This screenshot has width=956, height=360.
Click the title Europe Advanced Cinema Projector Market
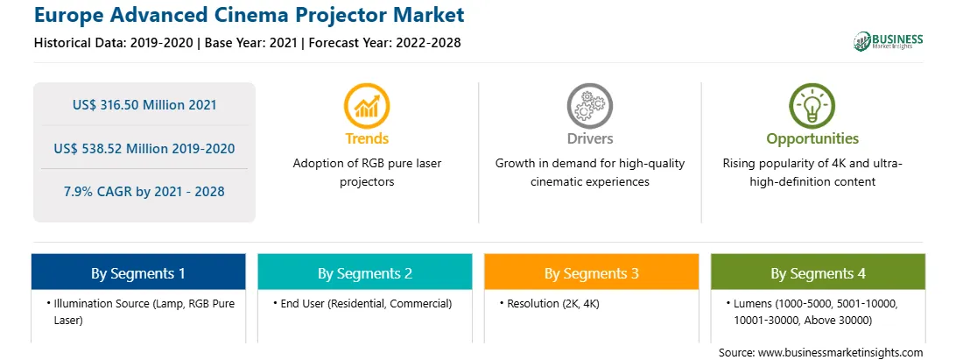pyautogui.click(x=249, y=15)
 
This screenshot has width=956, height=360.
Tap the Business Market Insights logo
pyautogui.click(x=888, y=41)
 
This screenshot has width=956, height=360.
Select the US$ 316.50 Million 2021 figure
pyautogui.click(x=144, y=104)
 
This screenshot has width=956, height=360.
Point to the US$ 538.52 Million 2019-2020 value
pyautogui.click(x=144, y=148)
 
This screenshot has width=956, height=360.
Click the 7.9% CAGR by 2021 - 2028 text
pyautogui.click(x=144, y=192)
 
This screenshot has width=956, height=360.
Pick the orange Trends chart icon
pyautogui.click(x=367, y=106)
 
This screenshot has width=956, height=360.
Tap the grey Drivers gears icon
pyautogui.click(x=589, y=106)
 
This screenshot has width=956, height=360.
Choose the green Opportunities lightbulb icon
pyautogui.click(x=812, y=106)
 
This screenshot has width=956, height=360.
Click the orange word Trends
pyautogui.click(x=367, y=138)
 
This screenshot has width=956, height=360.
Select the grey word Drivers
pyautogui.click(x=589, y=138)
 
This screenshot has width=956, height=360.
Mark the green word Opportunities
pyautogui.click(x=812, y=138)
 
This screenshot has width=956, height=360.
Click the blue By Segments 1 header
pyautogui.click(x=138, y=272)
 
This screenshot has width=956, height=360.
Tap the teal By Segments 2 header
pyautogui.click(x=364, y=272)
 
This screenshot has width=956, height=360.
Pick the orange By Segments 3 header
pyautogui.click(x=592, y=272)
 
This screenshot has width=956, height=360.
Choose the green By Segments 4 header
pyautogui.click(x=819, y=272)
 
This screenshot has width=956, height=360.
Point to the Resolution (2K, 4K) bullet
pyautogui.click(x=549, y=303)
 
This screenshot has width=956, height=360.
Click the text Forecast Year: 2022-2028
pyautogui.click(x=383, y=43)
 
